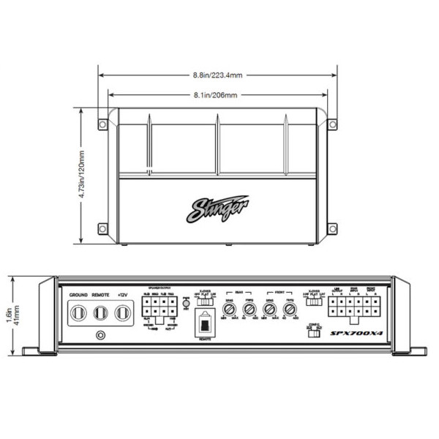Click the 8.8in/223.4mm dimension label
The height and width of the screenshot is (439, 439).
pos(217,75)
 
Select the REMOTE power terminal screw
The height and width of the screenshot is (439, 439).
pos(100,314)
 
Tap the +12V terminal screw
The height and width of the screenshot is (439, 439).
pos(122,314)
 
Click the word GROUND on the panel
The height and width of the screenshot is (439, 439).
pos(78,295)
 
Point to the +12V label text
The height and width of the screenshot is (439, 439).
pos(122,295)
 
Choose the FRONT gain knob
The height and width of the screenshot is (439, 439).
pos(271,308)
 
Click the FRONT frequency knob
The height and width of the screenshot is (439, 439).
pos(290,308)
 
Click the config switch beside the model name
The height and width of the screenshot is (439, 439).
pos(315,334)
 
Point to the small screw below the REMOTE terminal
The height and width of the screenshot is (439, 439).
pos(100,336)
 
